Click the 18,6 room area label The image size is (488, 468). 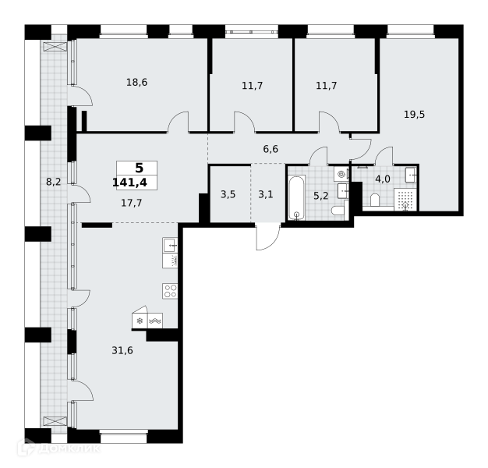(136, 82)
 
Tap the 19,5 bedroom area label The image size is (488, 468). (414, 115)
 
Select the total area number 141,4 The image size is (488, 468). (129, 183)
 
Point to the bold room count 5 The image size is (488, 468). (139, 168)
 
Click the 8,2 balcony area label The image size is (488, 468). (54, 182)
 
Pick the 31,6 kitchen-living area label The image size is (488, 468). (122, 351)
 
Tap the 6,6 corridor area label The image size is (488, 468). (271, 149)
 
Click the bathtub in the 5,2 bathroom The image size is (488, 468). (296, 197)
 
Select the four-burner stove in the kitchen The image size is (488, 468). (170, 291)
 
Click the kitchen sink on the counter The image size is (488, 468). (170, 245)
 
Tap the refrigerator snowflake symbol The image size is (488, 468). (140, 321)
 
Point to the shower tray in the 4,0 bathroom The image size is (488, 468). (405, 199)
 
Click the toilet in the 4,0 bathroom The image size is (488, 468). (375, 200)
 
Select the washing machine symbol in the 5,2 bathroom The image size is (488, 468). (341, 175)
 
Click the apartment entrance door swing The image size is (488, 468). (268, 236)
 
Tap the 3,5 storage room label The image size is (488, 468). (228, 195)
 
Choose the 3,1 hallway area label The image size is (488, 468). (266, 195)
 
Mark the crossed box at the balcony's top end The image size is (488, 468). (55, 47)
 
